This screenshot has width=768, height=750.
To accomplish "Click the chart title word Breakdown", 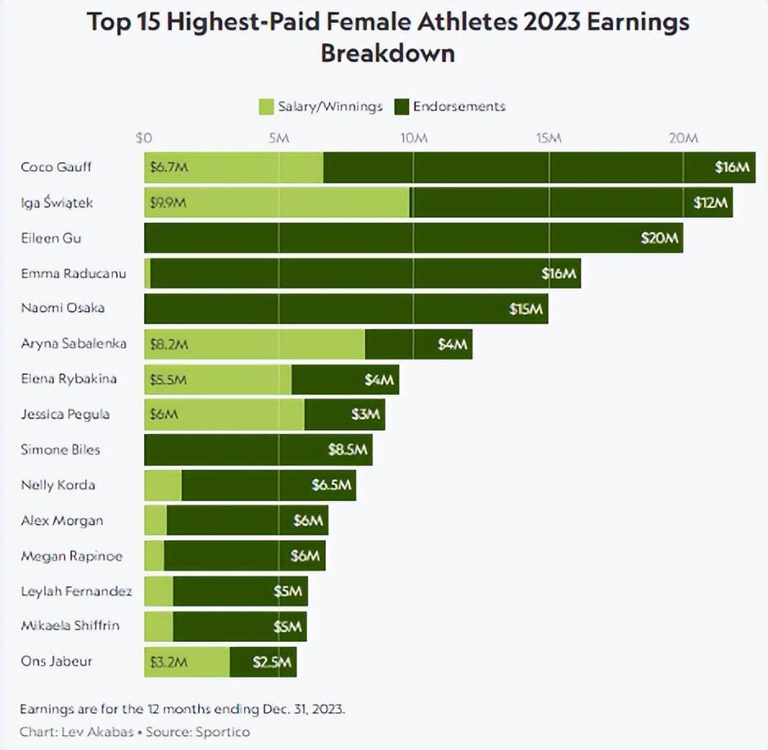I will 387,53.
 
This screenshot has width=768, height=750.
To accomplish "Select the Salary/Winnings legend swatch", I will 266,106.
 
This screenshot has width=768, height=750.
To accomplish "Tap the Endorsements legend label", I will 459,106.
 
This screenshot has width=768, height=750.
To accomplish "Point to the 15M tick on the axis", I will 548,138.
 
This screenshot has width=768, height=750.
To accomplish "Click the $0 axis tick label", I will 144,138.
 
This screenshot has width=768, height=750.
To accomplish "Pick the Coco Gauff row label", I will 56,167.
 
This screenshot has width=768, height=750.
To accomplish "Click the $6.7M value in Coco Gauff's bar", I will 169,167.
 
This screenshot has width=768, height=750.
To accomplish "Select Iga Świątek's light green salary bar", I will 277,202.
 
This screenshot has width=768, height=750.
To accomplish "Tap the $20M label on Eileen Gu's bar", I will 660,238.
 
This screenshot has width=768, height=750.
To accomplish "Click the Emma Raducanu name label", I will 74,273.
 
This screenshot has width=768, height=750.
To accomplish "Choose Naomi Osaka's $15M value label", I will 526,309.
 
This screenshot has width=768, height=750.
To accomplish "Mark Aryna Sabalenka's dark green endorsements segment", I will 418,344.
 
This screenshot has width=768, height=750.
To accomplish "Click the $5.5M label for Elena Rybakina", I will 169,379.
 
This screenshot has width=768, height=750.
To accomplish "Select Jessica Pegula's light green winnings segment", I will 224,414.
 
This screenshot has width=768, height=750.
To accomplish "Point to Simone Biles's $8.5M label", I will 350,450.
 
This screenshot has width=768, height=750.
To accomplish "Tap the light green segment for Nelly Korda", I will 163,485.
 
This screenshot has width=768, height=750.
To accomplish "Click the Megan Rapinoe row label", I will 71,556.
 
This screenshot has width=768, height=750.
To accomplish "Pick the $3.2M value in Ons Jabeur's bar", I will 169,662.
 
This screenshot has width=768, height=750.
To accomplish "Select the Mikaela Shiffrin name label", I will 70,626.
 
